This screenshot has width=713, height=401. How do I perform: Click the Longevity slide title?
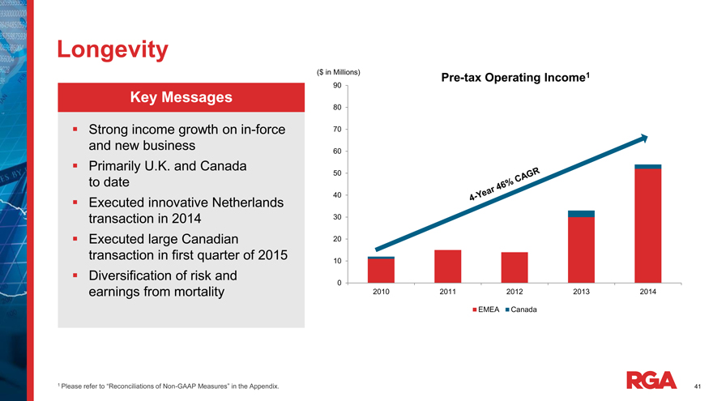click(113, 49)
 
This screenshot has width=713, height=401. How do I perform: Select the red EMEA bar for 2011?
click(447, 266)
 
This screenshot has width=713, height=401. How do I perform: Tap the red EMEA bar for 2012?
click(514, 267)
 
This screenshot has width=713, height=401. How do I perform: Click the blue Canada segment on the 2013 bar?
click(582, 214)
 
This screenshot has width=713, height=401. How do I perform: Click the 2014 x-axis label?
click(648, 292)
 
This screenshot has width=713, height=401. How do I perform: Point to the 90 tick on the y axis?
click(337, 86)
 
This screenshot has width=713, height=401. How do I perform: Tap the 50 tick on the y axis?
click(337, 173)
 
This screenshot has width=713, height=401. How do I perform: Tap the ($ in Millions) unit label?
click(338, 73)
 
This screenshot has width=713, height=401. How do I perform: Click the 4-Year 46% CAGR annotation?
click(504, 182)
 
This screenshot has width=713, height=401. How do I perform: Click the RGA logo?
click(652, 379)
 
